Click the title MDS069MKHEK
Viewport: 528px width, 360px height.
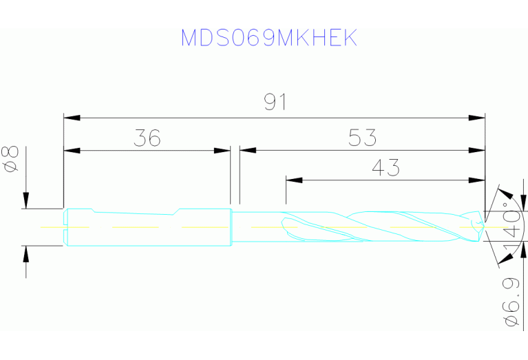click(x=269, y=38)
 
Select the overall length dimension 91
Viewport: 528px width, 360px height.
click(x=275, y=102)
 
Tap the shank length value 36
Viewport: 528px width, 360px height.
click(x=147, y=138)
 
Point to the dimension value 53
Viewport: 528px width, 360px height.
click(x=362, y=138)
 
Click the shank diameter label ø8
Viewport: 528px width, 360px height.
click(x=11, y=160)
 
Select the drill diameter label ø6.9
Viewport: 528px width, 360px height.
click(x=510, y=303)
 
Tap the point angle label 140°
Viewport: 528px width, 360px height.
click(x=511, y=229)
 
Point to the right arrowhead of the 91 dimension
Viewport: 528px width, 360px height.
click(x=477, y=118)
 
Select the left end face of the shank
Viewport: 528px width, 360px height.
click(x=65, y=226)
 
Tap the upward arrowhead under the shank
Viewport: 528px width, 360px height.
click(x=26, y=253)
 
